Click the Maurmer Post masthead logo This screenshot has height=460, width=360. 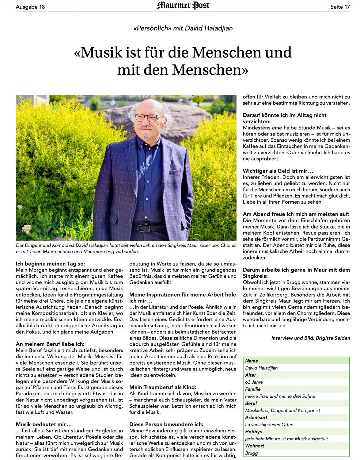coord(183,6)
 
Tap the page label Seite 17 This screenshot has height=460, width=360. coord(340,7)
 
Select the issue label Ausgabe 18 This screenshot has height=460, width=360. coord(30,7)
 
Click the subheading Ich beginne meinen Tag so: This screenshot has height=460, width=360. coord(51,264)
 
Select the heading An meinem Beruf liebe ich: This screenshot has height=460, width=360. coord(50,344)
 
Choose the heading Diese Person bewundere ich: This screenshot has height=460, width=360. coord(166,424)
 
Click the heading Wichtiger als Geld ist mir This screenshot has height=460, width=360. coord(278,171)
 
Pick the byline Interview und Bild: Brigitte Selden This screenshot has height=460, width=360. coord(310,338)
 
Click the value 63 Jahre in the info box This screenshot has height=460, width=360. coord(254,382)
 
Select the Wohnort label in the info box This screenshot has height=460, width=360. coord(255,446)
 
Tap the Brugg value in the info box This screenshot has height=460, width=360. coord(252,453)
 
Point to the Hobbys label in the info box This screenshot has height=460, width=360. coord(253,432)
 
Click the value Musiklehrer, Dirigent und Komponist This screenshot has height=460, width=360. coord(282,410)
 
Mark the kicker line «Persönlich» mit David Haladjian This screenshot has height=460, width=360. coord(183,29)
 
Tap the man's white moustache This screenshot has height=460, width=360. coord(146,127)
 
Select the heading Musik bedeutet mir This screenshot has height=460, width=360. coord(44,424)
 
